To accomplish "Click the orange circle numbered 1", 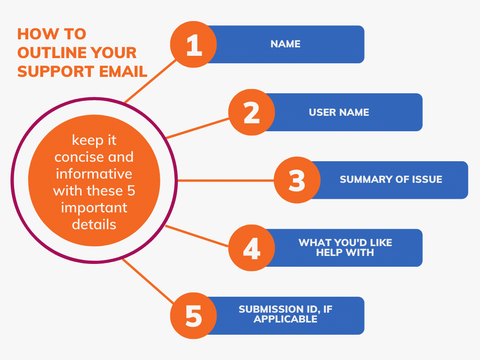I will [194, 45].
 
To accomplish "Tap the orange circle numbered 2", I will [252, 112].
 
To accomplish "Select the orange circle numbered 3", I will [297, 180].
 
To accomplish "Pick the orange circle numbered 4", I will [252, 248].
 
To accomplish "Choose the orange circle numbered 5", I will [194, 315].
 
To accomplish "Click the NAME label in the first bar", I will [285, 44].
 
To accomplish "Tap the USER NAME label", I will [339, 112].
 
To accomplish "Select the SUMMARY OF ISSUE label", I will [391, 180].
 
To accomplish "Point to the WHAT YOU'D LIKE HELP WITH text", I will [345, 247].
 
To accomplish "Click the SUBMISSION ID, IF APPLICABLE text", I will [286, 314].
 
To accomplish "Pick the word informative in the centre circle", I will [94, 174].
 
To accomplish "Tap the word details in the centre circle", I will [94, 225].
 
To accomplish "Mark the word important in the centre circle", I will [94, 208].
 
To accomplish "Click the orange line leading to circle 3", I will [225, 180].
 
